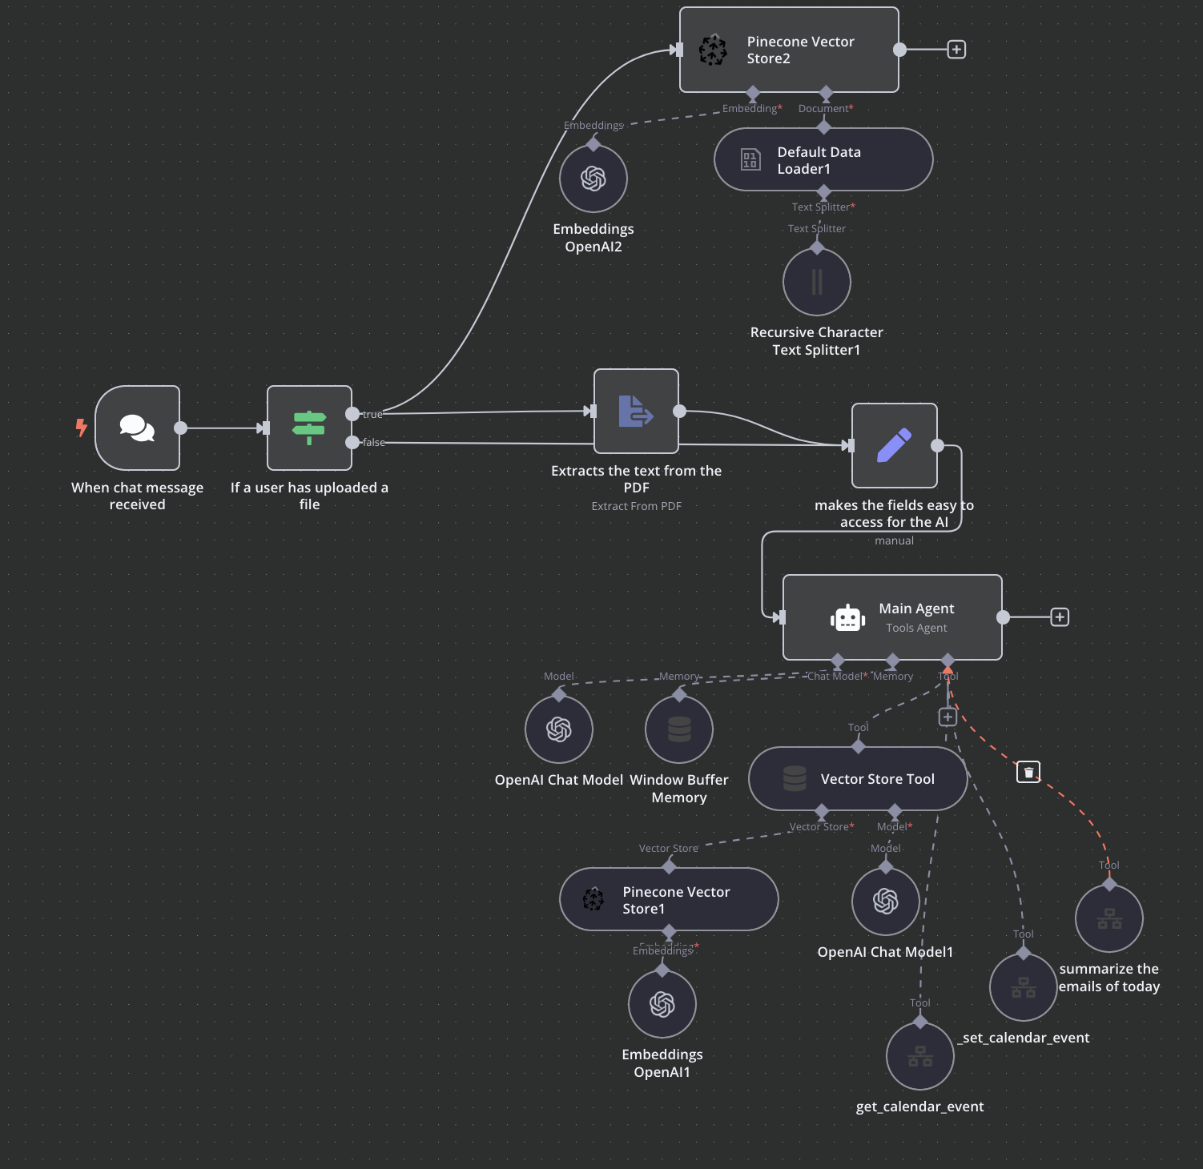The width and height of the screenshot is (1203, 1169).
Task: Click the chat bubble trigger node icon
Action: click(137, 428)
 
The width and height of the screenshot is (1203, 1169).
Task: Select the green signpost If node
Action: click(309, 428)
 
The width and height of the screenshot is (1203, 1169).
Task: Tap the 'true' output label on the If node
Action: click(372, 415)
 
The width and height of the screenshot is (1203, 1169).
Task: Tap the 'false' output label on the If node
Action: click(373, 443)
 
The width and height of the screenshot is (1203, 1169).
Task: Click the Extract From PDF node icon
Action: click(636, 411)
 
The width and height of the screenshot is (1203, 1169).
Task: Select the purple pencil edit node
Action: click(894, 445)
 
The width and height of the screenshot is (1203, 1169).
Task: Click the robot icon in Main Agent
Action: click(847, 618)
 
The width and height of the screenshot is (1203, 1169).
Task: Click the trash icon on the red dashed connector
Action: click(1028, 772)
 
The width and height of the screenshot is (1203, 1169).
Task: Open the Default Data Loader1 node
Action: click(823, 160)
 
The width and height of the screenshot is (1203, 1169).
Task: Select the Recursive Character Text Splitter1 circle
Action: click(816, 282)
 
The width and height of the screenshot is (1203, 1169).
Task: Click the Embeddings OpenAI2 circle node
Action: click(593, 179)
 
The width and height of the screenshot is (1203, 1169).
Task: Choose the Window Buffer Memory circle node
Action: click(678, 729)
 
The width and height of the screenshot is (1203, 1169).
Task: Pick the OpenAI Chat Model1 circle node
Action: click(885, 902)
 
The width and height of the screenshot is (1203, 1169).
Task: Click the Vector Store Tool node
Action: click(857, 779)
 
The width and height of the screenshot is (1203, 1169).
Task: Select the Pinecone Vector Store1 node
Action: click(668, 900)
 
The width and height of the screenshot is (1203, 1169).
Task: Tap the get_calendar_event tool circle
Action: click(919, 1056)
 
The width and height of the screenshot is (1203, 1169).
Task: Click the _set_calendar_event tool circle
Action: click(1023, 987)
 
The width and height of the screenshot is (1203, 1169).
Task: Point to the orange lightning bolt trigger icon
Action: click(81, 428)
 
